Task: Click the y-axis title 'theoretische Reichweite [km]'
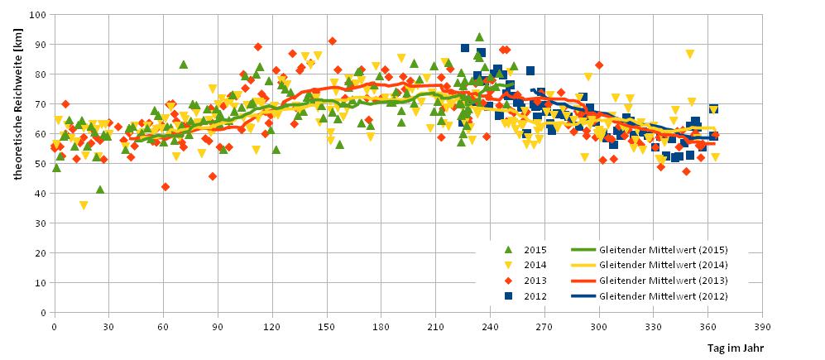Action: (18, 163)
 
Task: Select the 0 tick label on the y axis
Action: (43, 313)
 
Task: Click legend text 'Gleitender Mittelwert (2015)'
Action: (663, 248)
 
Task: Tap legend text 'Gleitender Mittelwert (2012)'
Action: (663, 295)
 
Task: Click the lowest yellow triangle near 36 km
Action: (83, 205)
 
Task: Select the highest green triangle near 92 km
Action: (479, 37)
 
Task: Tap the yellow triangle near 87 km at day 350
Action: (690, 54)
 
